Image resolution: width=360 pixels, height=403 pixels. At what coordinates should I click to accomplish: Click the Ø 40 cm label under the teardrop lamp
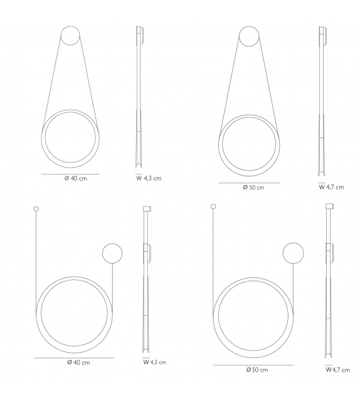75,178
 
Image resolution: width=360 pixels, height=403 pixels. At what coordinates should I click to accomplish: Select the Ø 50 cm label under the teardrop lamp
253,187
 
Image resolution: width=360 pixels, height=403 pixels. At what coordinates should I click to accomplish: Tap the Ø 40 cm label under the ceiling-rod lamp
78,363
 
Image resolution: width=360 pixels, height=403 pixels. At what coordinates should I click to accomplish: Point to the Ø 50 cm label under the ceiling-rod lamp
257,370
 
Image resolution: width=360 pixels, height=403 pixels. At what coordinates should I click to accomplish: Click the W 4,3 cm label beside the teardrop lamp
149,178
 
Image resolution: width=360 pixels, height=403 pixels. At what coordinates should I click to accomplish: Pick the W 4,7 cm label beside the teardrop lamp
332,187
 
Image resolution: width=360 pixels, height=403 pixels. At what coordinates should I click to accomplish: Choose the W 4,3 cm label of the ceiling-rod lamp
154,362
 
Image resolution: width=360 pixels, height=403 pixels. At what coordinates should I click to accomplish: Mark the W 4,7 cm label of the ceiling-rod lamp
337,370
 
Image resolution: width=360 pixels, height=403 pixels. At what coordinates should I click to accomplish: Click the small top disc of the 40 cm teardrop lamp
70,36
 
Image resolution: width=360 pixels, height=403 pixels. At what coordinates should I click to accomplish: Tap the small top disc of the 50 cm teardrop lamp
249,36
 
